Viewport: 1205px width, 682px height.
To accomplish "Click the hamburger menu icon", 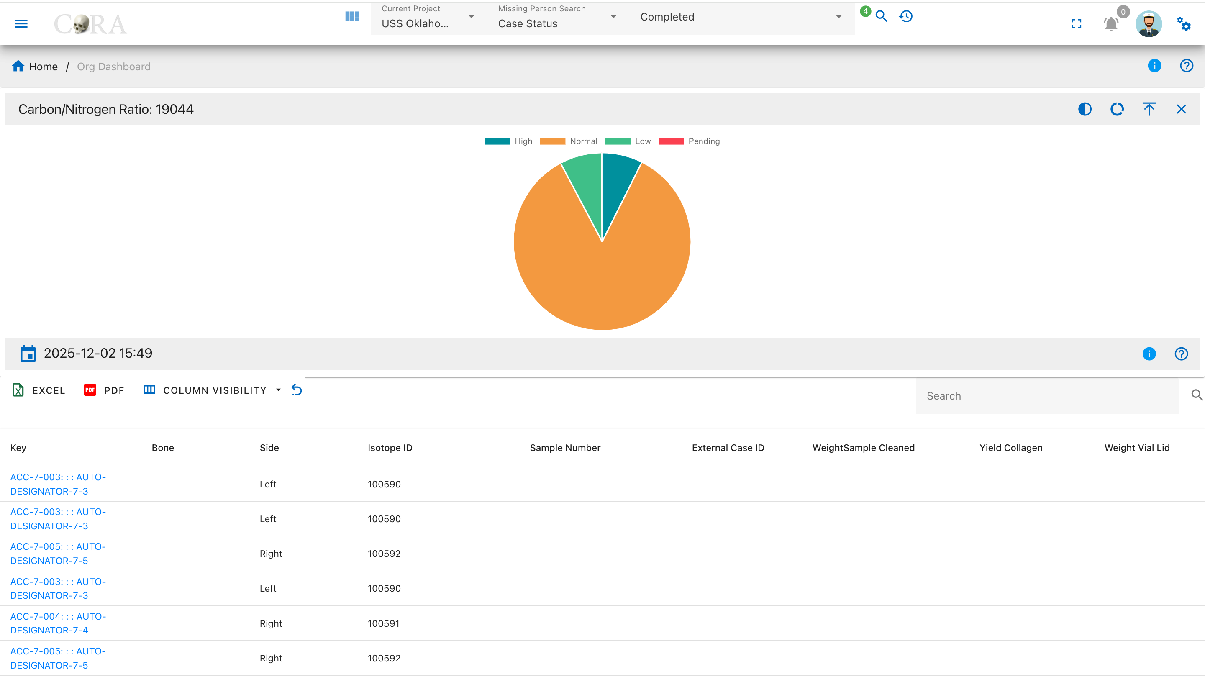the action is pos(21,23).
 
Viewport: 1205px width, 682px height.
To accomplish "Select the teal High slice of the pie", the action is pos(617,187).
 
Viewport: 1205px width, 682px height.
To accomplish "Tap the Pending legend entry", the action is pos(689,141).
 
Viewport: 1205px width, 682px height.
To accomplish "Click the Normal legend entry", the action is pos(569,141).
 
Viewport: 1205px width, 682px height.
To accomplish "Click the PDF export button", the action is pos(104,390).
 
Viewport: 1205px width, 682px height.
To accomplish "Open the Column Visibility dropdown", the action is pos(212,390).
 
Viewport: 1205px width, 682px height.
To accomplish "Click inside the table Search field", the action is pos(1047,396).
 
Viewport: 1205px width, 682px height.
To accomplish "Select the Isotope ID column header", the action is pos(390,448).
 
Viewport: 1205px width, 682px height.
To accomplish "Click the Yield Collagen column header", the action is pos(1010,448).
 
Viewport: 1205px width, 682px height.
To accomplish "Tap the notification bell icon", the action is pos(1111,23).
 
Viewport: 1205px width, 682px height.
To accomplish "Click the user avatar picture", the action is pos(1149,23).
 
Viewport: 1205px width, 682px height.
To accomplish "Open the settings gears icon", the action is pos(1184,23).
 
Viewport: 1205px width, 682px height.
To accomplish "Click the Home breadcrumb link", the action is pos(35,67).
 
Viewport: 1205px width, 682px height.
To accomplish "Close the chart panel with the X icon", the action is pos(1181,109).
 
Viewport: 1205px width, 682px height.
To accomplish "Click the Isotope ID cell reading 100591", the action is pos(384,623).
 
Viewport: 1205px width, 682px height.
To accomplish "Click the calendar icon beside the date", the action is pos(28,354).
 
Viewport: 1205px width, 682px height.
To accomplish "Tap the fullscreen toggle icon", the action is pos(1076,23).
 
